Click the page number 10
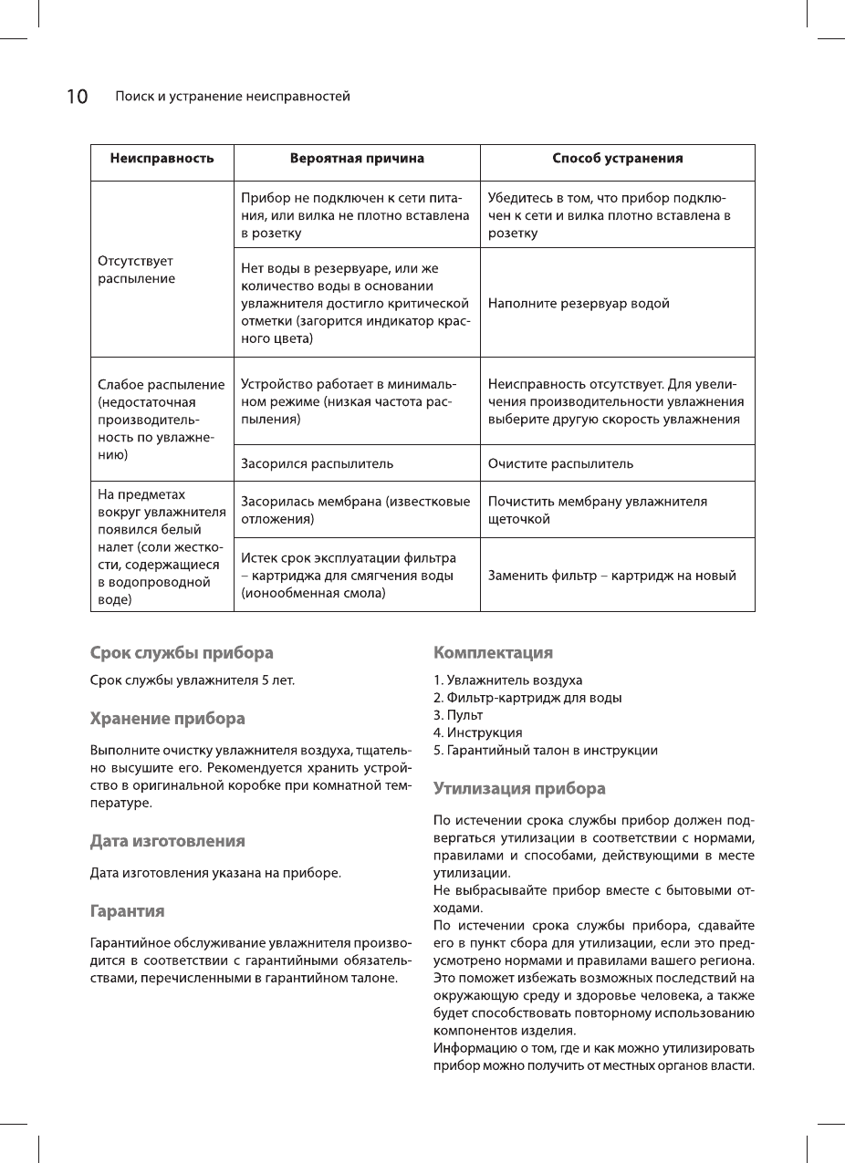[77, 97]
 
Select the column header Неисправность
[162, 159]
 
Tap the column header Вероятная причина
[357, 159]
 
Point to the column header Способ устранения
[618, 159]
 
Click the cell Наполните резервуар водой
[579, 304]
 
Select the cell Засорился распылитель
[317, 463]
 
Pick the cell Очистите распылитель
[560, 463]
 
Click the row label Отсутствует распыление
[136, 269]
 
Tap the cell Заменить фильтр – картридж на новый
[611, 576]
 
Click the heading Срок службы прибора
[182, 653]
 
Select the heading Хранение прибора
[167, 719]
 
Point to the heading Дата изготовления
[167, 840]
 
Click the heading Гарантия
[127, 911]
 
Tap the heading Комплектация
[493, 653]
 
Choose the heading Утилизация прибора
[519, 788]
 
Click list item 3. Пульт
[458, 715]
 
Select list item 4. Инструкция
[478, 732]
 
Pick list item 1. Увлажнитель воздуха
[507, 680]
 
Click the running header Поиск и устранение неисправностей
[232, 97]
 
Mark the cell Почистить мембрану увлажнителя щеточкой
[597, 510]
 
